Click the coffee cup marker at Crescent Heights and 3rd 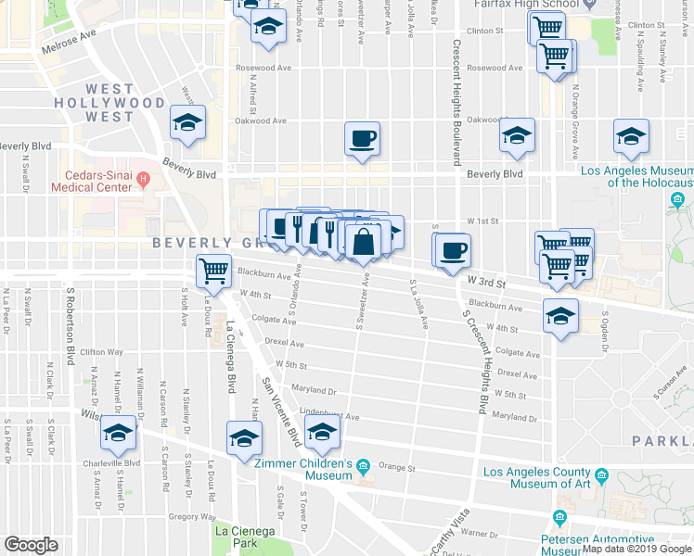(x=454, y=250)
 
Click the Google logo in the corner (x=31, y=545)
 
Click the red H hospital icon (x=142, y=178)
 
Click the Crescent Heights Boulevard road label (x=456, y=102)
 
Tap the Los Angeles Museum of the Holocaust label (x=636, y=176)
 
